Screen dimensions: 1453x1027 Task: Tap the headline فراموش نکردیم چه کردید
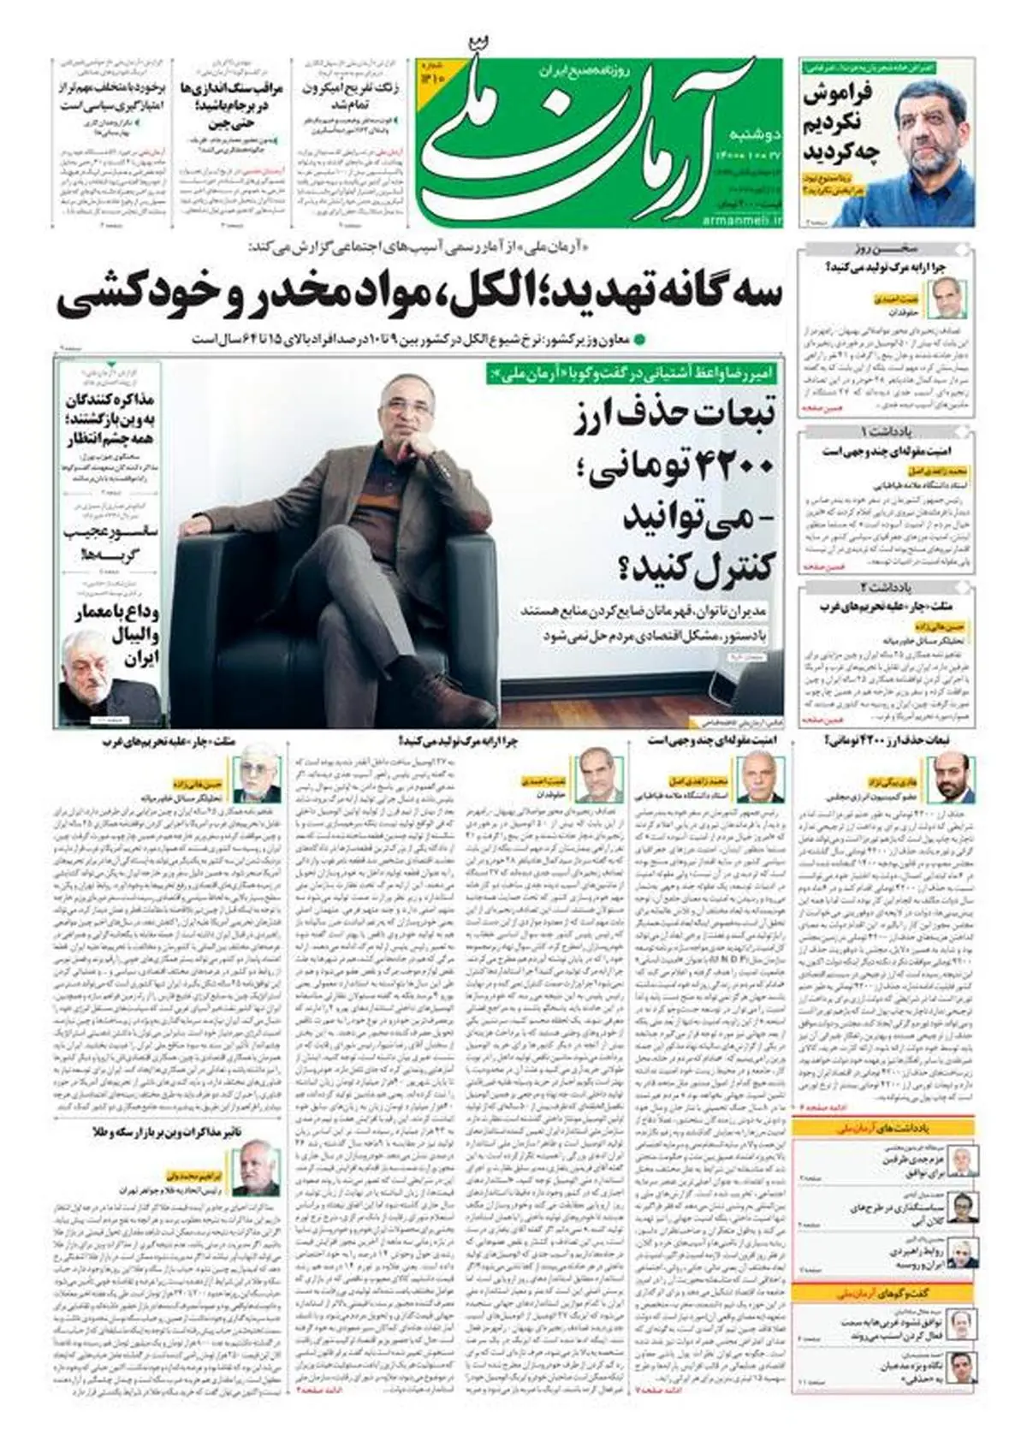tap(842, 123)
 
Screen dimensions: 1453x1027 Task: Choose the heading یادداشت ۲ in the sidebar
tap(887, 587)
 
